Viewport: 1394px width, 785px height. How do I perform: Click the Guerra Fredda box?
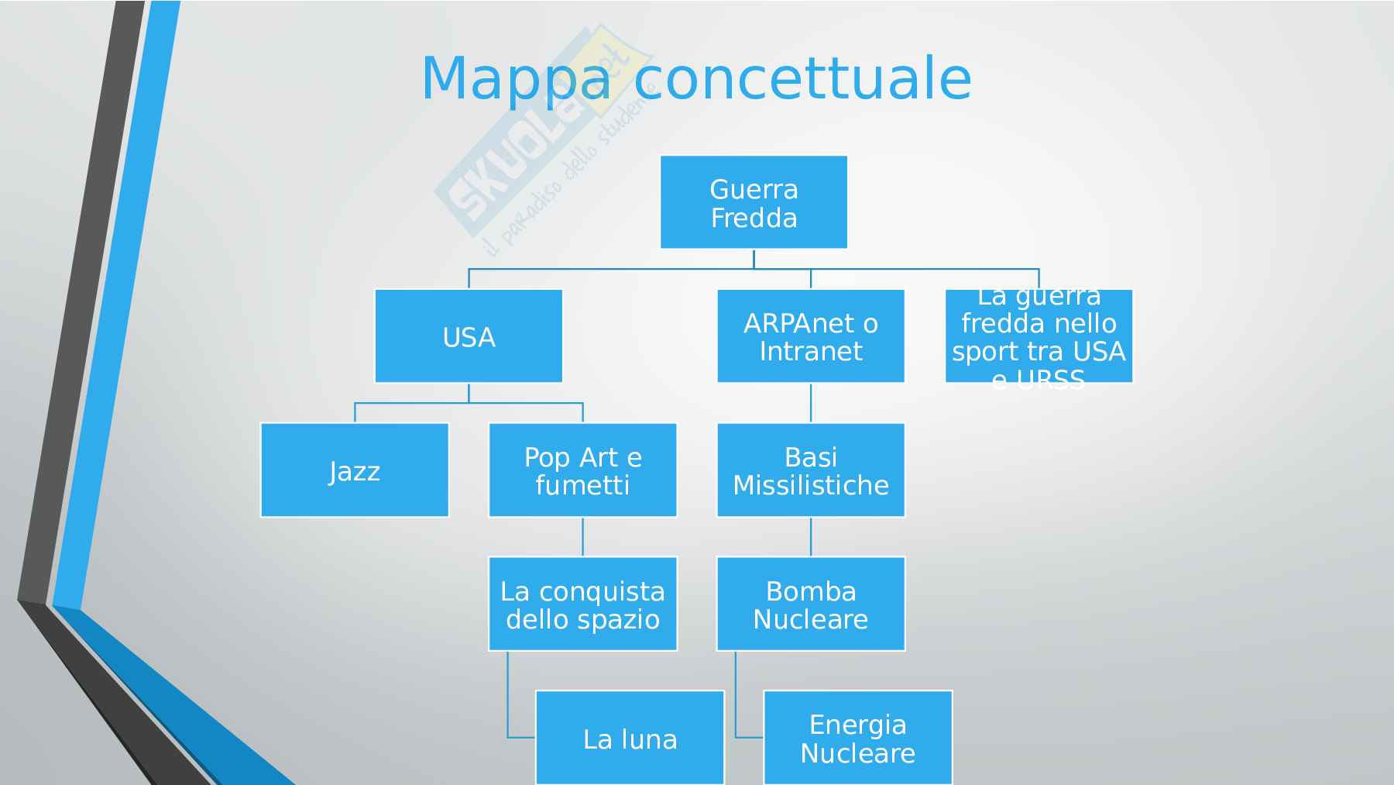tap(754, 202)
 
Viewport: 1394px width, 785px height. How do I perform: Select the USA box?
tap(469, 336)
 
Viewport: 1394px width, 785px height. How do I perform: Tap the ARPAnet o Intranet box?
tap(811, 336)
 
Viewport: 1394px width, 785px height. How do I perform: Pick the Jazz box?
tap(355, 470)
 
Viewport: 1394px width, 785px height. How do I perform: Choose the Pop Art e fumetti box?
tap(582, 470)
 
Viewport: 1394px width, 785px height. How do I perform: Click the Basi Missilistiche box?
tap(811, 470)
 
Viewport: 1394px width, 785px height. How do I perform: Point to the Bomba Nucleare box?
tap(811, 604)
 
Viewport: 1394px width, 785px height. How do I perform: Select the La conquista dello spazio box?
tap(582, 604)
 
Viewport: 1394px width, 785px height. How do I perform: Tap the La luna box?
tap(630, 738)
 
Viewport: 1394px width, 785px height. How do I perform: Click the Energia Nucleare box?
tap(857, 738)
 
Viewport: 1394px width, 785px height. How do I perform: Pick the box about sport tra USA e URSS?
tap(1039, 336)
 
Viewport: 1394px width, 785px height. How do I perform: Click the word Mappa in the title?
tap(516, 79)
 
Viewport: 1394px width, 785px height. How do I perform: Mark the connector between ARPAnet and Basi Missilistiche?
tap(811, 403)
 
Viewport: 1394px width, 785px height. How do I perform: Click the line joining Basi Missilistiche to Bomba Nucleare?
tap(811, 537)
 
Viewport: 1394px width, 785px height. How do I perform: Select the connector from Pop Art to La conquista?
tap(582, 537)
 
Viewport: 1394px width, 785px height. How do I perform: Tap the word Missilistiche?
tap(811, 485)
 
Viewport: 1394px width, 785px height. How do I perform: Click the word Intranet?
tap(811, 352)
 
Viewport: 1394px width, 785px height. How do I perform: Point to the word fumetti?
tap(582, 485)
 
